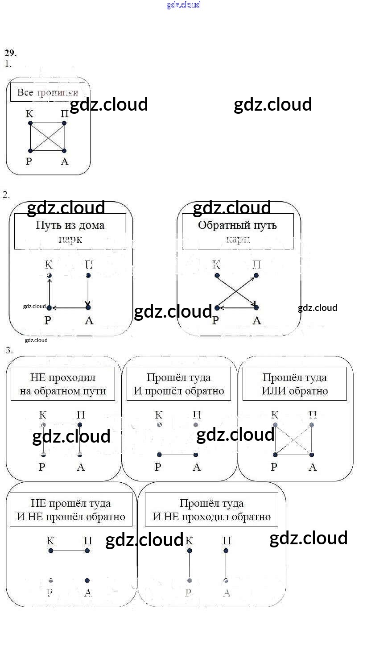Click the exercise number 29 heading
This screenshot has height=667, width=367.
coord(11,53)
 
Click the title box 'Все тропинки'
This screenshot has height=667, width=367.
coord(48,92)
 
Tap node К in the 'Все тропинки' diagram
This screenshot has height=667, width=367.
coord(30,123)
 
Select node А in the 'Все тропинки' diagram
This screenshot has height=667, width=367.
coord(64,151)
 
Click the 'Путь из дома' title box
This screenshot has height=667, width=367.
coord(70,231)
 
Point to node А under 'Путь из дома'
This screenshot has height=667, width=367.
coord(88,307)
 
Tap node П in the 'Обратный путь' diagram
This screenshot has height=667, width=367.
coord(256,276)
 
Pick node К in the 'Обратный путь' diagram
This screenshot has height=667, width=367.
coord(216,276)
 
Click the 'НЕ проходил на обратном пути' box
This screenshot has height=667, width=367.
coord(62,384)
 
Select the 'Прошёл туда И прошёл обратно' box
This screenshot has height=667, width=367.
coord(179,384)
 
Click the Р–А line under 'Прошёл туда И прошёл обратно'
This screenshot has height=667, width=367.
coord(177,455)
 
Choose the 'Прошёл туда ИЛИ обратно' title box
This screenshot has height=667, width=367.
coord(294,384)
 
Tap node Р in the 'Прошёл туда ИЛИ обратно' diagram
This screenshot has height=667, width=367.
coord(275,455)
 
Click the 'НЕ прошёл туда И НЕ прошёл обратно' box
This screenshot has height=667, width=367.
coord(71,510)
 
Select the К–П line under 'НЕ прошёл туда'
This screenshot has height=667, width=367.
coord(69,551)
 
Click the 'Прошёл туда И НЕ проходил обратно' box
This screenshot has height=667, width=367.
coord(212,510)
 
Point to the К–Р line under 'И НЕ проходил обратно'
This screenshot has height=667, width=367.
coord(190,565)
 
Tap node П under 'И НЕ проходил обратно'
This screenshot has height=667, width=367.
coord(226,551)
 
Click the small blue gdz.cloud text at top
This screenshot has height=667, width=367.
coord(183,5)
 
